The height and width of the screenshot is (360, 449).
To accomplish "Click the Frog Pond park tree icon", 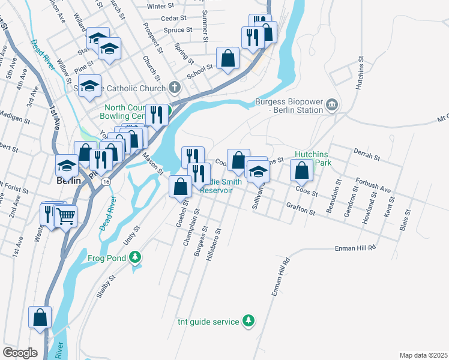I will point(136,257).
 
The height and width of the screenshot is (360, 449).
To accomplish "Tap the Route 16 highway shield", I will point(106,181).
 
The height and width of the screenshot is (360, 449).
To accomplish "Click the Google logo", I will point(20,353).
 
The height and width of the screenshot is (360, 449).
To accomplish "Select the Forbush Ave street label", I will point(372,186).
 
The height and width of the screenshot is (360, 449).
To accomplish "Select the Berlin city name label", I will point(68,180).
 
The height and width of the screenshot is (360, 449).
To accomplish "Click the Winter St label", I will point(160,6).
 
